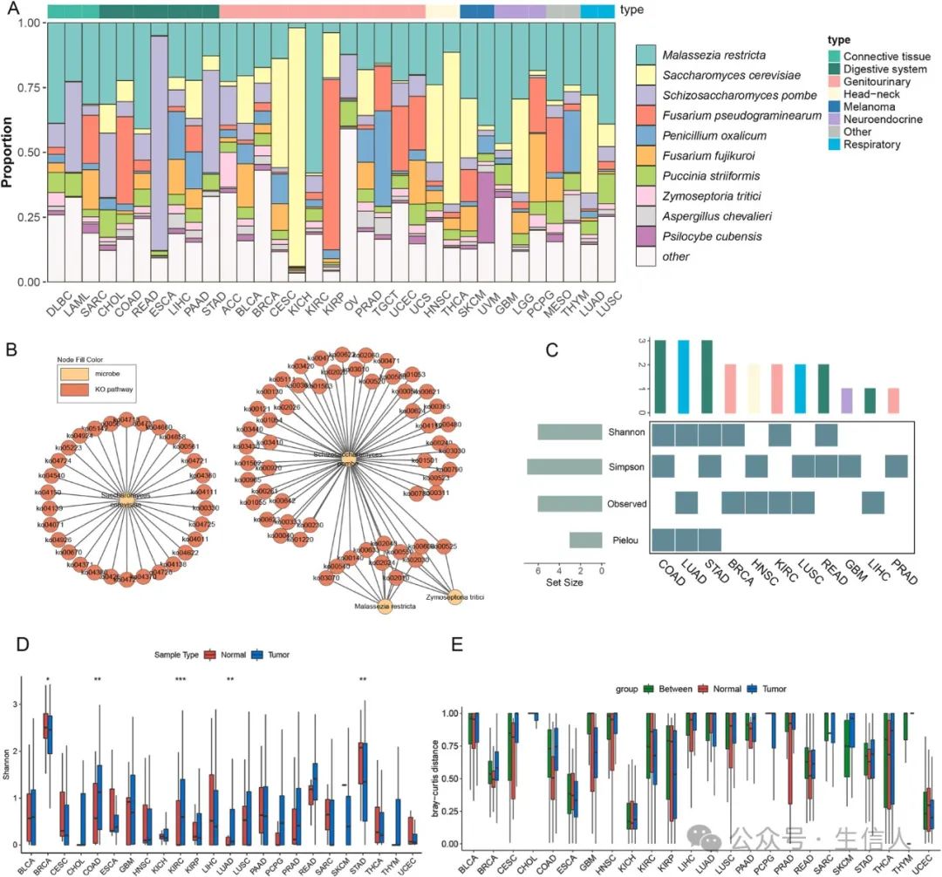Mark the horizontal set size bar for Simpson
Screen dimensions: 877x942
(x=564, y=467)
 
